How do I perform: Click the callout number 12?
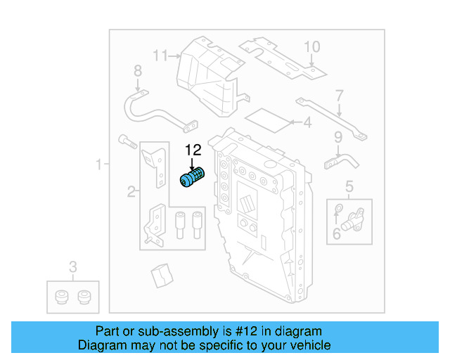(193, 149)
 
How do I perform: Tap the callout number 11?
(161, 55)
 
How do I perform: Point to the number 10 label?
(311, 47)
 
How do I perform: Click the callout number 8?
(138, 70)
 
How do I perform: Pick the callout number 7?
(339, 95)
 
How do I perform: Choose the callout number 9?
(337, 136)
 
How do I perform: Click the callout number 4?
(307, 124)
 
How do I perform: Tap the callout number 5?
(349, 186)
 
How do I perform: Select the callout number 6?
(337, 233)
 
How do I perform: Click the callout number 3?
(72, 266)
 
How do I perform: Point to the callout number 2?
(131, 191)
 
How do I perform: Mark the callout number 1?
(99, 165)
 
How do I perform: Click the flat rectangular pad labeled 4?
(270, 120)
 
